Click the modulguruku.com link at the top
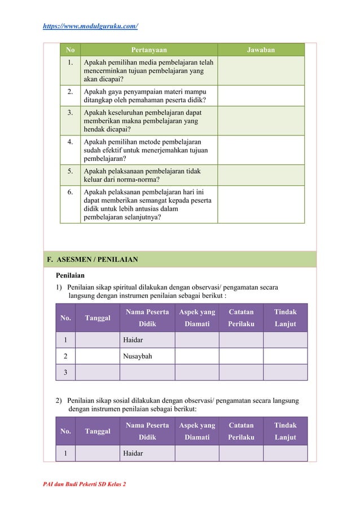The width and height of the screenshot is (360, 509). point(91,27)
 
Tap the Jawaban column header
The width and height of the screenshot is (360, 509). point(261,50)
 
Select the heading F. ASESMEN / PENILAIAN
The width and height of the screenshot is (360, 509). point(93,260)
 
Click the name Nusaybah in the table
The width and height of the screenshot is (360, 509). point(137,356)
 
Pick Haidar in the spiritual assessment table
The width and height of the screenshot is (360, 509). point(133,340)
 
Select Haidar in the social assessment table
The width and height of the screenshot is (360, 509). point(133,453)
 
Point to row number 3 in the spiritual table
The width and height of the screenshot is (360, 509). point(65,372)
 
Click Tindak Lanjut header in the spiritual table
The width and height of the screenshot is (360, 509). point(285,318)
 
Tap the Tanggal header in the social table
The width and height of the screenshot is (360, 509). point(97,431)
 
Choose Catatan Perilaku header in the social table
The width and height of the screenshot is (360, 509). point(241,431)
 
